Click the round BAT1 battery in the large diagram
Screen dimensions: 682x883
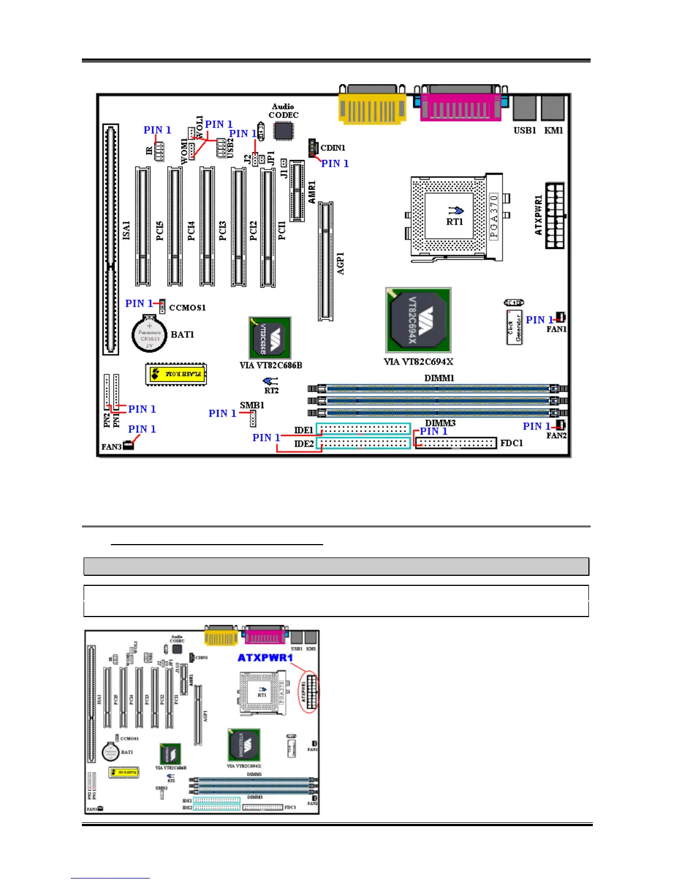click(x=149, y=334)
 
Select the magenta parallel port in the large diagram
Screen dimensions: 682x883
click(x=460, y=105)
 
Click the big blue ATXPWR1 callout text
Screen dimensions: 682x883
click(x=265, y=658)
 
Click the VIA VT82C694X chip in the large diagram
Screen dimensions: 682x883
click(x=418, y=320)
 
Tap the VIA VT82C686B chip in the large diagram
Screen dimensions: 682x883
click(x=270, y=338)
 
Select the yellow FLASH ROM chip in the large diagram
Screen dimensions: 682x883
click(x=176, y=374)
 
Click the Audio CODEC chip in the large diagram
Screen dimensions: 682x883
click(x=284, y=130)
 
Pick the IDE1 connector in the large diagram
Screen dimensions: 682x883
click(x=363, y=429)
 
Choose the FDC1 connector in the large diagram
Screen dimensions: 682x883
click(x=455, y=443)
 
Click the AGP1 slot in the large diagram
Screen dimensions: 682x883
click(x=326, y=261)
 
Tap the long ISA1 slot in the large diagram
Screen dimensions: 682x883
click(x=111, y=240)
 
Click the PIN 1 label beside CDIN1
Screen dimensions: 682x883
click(x=335, y=163)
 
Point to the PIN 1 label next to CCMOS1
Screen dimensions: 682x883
click(x=139, y=303)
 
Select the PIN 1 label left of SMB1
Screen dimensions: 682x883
click(x=222, y=413)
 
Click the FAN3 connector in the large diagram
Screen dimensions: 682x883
click(x=128, y=445)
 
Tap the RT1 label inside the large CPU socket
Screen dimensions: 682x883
click(x=455, y=221)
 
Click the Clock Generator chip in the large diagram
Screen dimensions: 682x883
click(x=514, y=328)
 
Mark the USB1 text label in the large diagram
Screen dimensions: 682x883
click(x=525, y=130)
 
